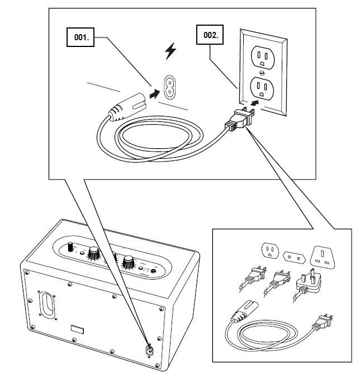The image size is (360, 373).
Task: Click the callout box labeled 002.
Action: pos(211,35)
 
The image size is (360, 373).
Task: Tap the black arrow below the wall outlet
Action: pos(255,103)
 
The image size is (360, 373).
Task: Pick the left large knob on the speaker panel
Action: pos(92,253)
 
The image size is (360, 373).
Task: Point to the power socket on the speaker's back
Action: pos(149,351)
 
